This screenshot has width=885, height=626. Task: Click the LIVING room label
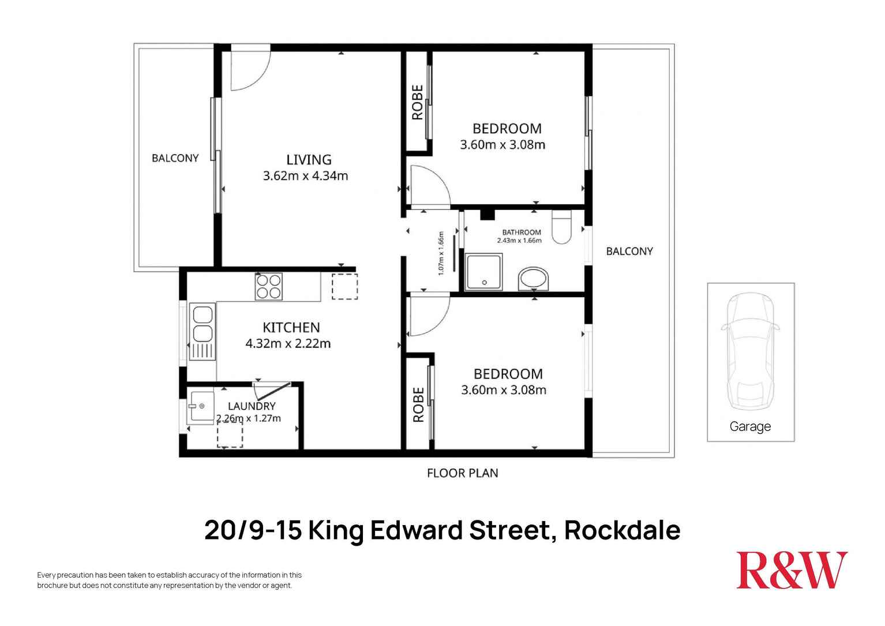click(309, 160)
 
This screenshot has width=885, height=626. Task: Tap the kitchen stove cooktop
click(269, 287)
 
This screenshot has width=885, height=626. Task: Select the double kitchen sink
click(202, 332)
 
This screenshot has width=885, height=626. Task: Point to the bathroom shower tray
click(484, 272)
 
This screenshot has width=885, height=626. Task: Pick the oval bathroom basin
click(534, 279)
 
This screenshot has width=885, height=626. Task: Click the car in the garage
click(750, 351)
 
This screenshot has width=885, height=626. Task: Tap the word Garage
click(750, 426)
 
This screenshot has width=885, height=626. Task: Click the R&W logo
click(792, 570)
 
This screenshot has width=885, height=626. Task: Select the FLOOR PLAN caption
click(463, 473)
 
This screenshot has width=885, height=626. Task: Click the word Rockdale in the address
click(622, 530)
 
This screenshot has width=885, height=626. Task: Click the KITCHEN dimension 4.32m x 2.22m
click(288, 343)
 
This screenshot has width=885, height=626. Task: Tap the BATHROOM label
click(522, 233)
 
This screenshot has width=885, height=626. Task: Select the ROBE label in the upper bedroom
click(418, 102)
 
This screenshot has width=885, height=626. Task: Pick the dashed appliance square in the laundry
click(230, 434)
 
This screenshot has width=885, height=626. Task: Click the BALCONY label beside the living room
click(175, 158)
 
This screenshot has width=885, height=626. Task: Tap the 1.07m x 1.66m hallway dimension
click(441, 253)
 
